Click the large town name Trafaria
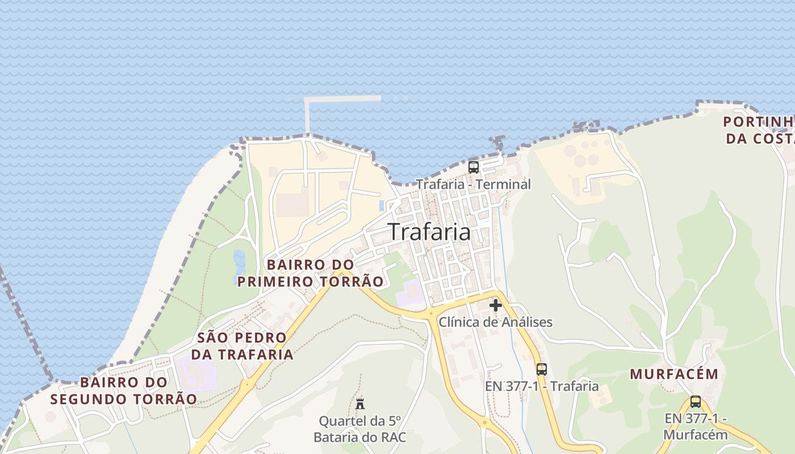[429, 232]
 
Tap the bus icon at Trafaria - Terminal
[473, 167]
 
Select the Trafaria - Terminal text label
[473, 184]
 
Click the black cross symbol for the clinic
[496, 305]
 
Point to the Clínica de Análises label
[495, 322]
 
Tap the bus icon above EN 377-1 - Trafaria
[541, 369]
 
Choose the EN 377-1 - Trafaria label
[541, 386]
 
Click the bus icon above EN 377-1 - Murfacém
[696, 402]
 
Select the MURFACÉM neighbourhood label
[674, 375]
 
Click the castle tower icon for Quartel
[360, 405]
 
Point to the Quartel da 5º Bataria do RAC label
[360, 429]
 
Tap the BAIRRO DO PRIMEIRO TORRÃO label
[310, 273]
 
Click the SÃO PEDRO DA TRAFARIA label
[242, 346]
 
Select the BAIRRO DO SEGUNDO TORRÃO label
[124, 390]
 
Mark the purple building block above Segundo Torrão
[195, 373]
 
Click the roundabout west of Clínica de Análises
[430, 312]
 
